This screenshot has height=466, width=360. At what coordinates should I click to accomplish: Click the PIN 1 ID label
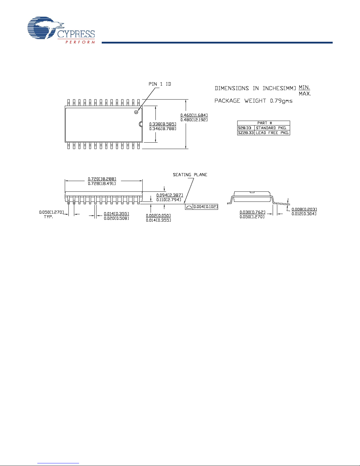pyautogui.click(x=160, y=84)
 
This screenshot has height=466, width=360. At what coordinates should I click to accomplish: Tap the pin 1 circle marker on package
pyautogui.click(x=136, y=112)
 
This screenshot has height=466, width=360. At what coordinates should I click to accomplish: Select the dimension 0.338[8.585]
pyautogui.click(x=163, y=124)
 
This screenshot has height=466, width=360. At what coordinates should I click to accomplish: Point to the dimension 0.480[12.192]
pyautogui.click(x=194, y=120)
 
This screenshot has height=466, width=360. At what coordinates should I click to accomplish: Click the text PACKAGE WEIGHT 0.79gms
pyautogui.click(x=253, y=101)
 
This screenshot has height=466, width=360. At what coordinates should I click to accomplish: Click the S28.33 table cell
pyautogui.click(x=246, y=128)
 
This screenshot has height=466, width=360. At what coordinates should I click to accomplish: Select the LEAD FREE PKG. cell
pyautogui.click(x=272, y=133)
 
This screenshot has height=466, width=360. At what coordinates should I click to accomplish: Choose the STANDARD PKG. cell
pyautogui.click(x=271, y=128)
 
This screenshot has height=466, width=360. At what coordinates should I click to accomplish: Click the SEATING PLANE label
pyautogui.click(x=190, y=175)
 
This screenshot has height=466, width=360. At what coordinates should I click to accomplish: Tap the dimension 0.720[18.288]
pyautogui.click(x=102, y=179)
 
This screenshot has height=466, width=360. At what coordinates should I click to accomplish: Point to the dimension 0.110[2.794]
pyautogui.click(x=169, y=200)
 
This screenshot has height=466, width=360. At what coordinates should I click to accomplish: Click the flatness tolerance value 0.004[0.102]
pyautogui.click(x=205, y=207)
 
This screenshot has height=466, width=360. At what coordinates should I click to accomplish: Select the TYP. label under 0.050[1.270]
pyautogui.click(x=48, y=217)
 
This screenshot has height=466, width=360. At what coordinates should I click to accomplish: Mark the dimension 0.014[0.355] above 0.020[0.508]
pyautogui.click(x=116, y=214)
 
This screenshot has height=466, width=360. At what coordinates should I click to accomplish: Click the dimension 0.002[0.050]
pyautogui.click(x=158, y=216)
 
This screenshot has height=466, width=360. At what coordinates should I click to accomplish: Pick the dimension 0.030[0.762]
pyautogui.click(x=252, y=212)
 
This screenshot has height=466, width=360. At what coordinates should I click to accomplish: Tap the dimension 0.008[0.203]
pyautogui.click(x=304, y=209)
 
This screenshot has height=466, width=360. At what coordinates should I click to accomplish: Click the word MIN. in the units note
pyautogui.click(x=304, y=88)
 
